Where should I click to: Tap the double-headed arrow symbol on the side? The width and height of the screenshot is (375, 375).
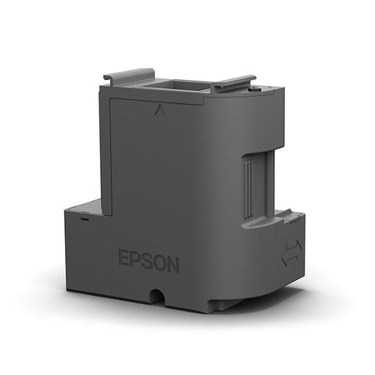pos(292,252)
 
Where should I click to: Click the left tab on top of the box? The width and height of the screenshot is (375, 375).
pos(129,75)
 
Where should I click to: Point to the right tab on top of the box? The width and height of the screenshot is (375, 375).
pos(232,82)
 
